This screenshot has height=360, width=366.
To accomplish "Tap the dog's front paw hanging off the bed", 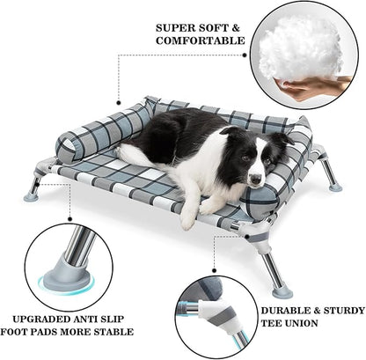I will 188,220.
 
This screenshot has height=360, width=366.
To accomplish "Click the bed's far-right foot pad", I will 334,186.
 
